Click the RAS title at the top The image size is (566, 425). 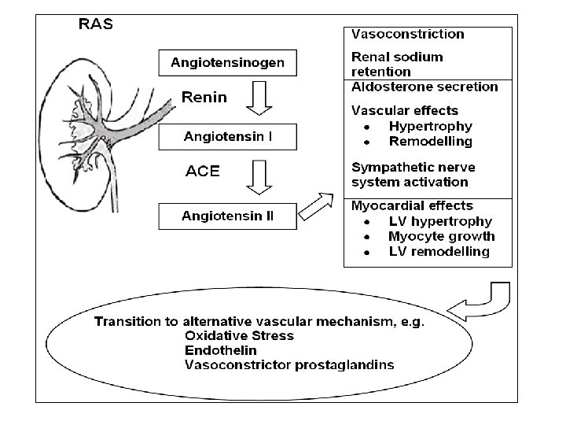(95, 24)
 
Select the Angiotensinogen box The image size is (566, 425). (228, 62)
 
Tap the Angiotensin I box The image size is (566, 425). (228, 137)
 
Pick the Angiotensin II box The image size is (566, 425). (228, 215)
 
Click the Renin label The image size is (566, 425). (204, 98)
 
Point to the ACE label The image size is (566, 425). (202, 171)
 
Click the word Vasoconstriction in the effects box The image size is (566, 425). (407, 35)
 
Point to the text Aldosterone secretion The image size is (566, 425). (424, 87)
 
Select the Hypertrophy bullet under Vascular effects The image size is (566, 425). (430, 126)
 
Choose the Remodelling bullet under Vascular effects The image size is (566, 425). (430, 142)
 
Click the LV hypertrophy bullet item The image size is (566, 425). (439, 222)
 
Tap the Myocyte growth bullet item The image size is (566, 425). (441, 237)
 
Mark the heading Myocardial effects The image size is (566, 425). (412, 206)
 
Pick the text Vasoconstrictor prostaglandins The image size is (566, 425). (289, 364)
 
